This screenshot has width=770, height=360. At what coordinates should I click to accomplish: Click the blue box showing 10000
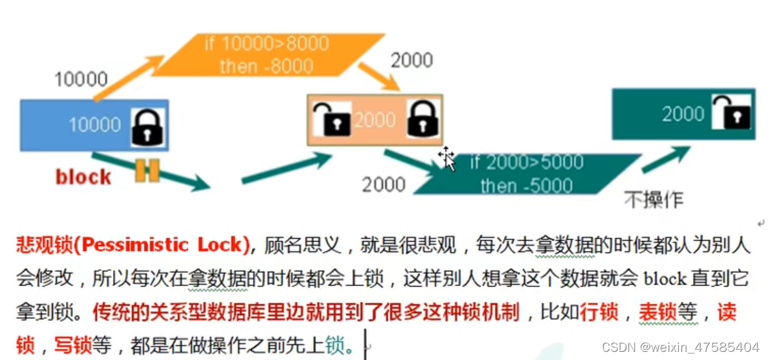[x=82, y=125]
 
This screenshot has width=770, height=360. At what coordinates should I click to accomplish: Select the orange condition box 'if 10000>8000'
[x=266, y=54]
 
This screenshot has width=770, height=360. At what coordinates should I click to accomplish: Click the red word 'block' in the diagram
[x=83, y=178]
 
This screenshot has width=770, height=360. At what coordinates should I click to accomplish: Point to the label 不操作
[x=654, y=199]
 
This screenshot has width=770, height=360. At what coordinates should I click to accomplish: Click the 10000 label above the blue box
[x=80, y=80]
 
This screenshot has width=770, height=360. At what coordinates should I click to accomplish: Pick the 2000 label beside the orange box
[x=411, y=61]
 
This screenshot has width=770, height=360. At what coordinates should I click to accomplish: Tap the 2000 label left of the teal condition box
[x=383, y=184]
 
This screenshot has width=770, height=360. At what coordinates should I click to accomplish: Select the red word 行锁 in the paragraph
[x=600, y=312]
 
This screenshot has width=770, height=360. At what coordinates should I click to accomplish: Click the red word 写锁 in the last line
[x=73, y=346]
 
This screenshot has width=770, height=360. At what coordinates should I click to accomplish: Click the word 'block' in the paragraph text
[x=665, y=279]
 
